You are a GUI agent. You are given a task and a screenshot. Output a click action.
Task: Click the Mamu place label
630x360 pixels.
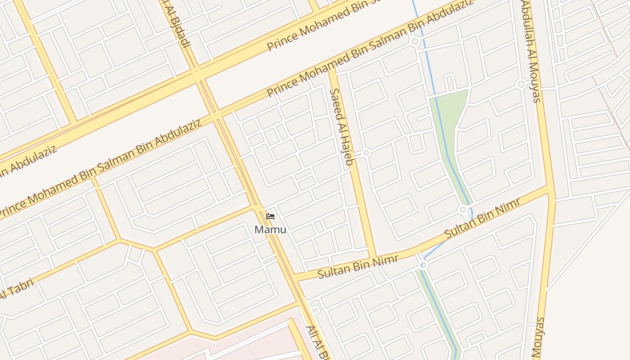pyautogui.click(x=270, y=229)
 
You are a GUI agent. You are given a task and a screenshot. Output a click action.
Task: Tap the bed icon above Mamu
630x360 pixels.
pyautogui.click(x=270, y=216)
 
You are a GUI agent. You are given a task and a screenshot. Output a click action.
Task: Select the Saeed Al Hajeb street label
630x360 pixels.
pyautogui.click(x=341, y=128)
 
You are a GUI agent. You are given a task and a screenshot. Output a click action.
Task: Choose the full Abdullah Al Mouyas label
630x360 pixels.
pyautogui.click(x=531, y=50)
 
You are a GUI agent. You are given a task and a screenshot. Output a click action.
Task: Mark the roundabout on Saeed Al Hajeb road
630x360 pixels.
pyautogui.click(x=366, y=153)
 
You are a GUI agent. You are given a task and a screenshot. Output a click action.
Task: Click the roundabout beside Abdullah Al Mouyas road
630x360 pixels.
pyautogui.click(x=521, y=84)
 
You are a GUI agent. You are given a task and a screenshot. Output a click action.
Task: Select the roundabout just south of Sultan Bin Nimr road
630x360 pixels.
pyautogui.click(x=423, y=265)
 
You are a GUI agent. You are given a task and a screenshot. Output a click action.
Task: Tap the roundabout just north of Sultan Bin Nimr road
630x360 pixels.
pyautogui.click(x=463, y=210)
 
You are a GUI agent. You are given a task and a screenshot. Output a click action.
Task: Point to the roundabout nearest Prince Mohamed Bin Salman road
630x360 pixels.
pyautogui.click(x=415, y=42)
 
